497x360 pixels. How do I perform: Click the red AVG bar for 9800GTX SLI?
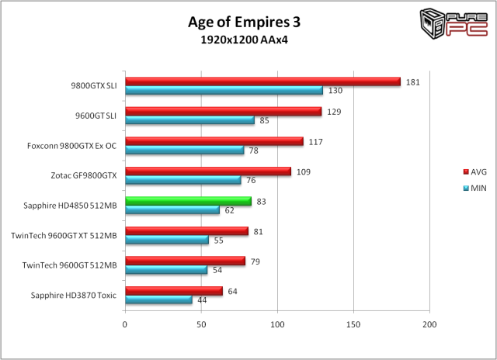tap(262, 81)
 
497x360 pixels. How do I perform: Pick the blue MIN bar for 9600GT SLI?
tap(189, 120)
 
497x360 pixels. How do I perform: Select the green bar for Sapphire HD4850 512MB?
tap(188, 201)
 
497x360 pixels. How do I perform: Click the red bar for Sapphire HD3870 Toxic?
tap(174, 291)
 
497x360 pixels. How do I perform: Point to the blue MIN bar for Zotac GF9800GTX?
tap(183, 180)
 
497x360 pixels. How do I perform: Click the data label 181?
tap(412, 81)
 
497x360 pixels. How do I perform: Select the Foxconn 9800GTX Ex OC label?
tap(71, 145)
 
